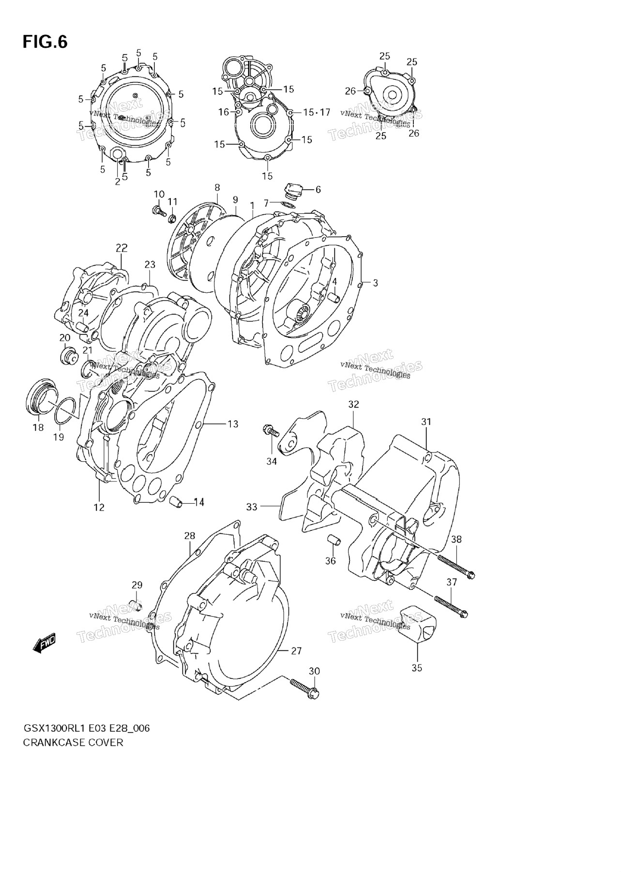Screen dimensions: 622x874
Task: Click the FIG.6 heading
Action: coord(45,42)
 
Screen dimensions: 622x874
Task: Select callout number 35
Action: coord(417,668)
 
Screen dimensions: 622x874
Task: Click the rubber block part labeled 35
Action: coord(417,625)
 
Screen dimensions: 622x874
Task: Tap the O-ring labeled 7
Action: coord(288,205)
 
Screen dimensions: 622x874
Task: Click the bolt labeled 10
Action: coord(159,211)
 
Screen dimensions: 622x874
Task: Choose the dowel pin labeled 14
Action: coord(177,502)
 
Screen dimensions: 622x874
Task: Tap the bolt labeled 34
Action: coord(271,430)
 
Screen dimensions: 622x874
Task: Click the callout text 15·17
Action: coord(317,112)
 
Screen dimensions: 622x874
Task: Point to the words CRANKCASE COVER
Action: coord(73,742)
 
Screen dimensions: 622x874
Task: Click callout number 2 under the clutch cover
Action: coord(117,181)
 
